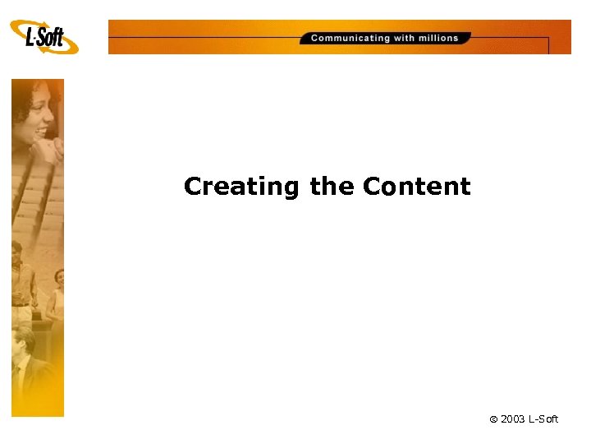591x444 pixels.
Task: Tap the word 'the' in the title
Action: (331, 187)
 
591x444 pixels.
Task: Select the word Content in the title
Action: (416, 187)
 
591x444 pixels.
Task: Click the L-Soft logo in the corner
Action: (46, 38)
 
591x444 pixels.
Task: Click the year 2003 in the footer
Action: (513, 419)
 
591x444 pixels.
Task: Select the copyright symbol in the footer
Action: (493, 419)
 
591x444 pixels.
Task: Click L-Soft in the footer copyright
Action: (543, 419)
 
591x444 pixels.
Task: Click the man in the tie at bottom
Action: (25, 362)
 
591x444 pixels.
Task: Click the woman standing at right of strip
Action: (57, 296)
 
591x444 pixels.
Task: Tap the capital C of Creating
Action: (194, 187)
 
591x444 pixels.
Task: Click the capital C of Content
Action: (372, 187)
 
